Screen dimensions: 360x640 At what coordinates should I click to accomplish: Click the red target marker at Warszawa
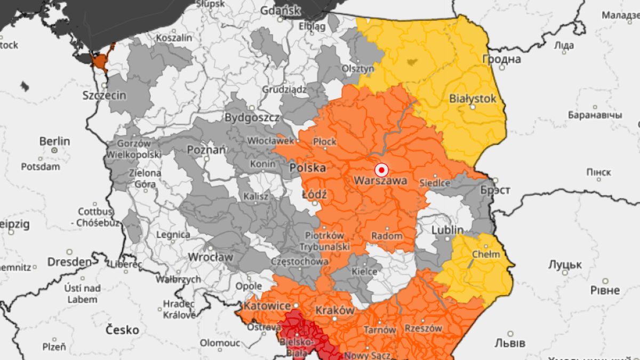click(x=381, y=170)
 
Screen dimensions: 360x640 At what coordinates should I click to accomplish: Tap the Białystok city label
click(x=473, y=99)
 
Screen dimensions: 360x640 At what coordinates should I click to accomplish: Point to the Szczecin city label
click(x=105, y=95)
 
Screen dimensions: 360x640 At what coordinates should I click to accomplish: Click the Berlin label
click(x=54, y=141)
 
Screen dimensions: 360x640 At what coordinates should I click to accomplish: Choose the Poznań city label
click(x=206, y=150)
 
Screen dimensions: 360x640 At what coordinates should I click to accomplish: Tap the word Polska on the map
click(x=307, y=167)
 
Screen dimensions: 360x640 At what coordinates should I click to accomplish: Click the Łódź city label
click(x=314, y=195)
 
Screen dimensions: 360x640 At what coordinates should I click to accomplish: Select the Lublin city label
click(x=448, y=229)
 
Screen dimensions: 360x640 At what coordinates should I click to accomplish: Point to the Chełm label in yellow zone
click(x=486, y=254)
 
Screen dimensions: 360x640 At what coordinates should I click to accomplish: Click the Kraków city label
click(x=335, y=310)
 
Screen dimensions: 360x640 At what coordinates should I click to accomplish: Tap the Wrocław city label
click(x=211, y=257)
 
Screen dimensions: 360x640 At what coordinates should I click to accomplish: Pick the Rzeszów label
click(x=423, y=328)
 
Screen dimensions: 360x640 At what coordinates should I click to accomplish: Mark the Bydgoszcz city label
click(x=252, y=117)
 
